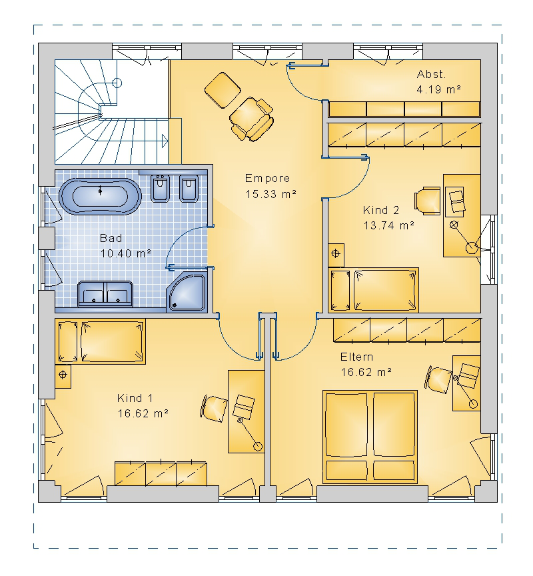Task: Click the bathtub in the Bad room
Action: [100, 196]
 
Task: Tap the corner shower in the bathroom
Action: [187, 293]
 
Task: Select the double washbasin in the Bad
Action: [105, 294]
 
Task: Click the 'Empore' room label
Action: [267, 179]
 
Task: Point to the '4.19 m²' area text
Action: [438, 89]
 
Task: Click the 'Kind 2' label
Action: [380, 210]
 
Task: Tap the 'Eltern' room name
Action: [356, 357]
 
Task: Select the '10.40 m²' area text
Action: [125, 253]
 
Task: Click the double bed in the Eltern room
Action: [370, 437]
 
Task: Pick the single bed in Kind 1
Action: [100, 341]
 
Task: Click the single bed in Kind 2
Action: [373, 290]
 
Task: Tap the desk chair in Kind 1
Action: [214, 409]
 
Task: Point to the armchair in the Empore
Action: [252, 118]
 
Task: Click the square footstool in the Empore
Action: [223, 90]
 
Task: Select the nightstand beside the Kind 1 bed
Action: [63, 376]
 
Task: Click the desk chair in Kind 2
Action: [427, 201]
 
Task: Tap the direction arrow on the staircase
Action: [165, 140]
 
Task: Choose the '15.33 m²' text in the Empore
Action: [270, 194]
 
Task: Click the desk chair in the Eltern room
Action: [438, 379]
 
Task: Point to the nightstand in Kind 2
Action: [336, 255]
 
